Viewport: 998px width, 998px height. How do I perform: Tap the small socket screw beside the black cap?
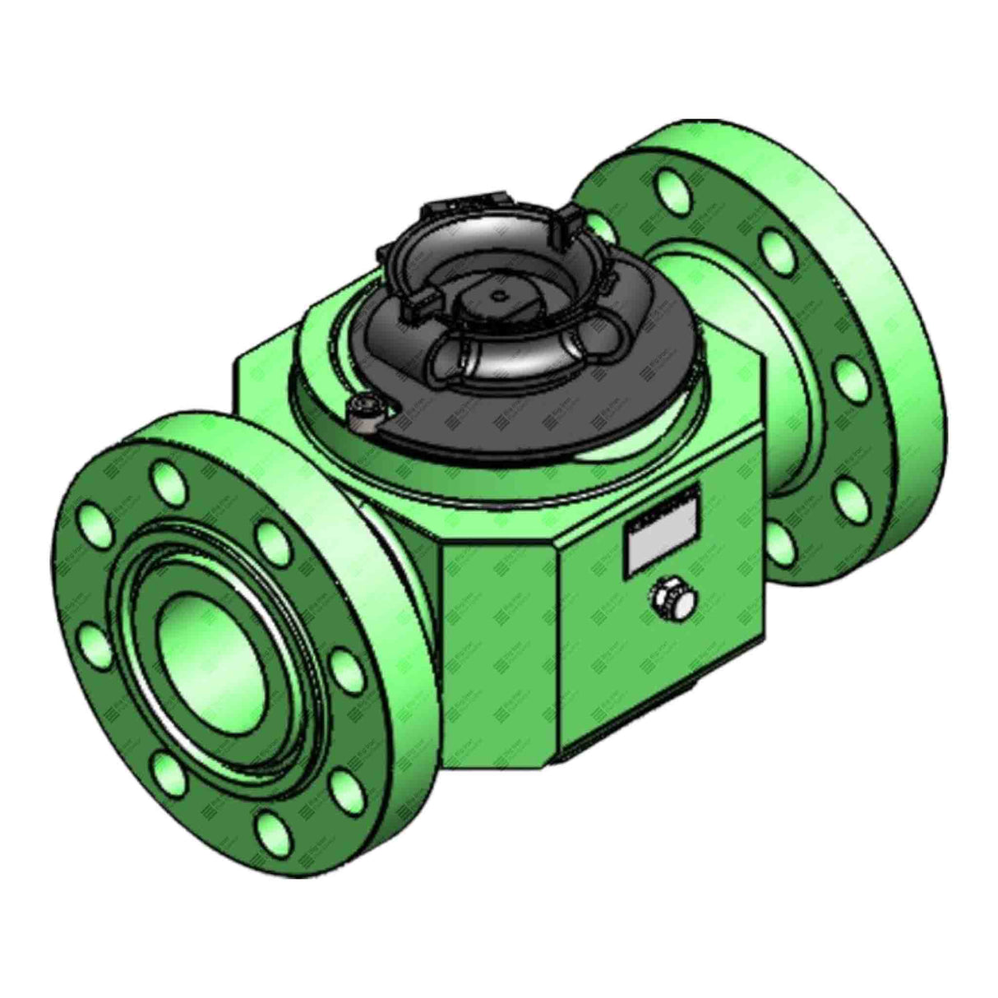tap(362, 411)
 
